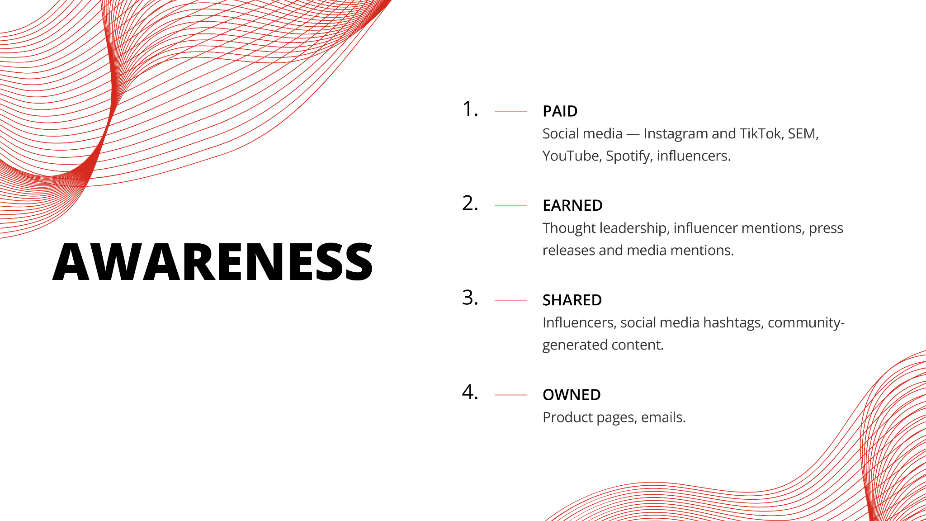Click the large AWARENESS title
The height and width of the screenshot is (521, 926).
click(213, 261)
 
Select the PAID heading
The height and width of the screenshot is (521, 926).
click(560, 111)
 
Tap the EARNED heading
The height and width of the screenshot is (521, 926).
click(572, 206)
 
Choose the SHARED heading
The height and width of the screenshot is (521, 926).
click(572, 300)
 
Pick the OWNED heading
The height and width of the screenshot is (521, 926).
click(572, 395)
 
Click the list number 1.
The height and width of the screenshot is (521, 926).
click(470, 109)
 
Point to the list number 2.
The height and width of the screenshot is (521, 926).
click(470, 204)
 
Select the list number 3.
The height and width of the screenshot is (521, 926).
click(470, 298)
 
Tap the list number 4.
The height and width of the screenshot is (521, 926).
click(470, 392)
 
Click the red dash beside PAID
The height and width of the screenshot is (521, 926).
click(511, 111)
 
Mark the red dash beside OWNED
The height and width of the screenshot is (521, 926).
click(511, 395)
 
